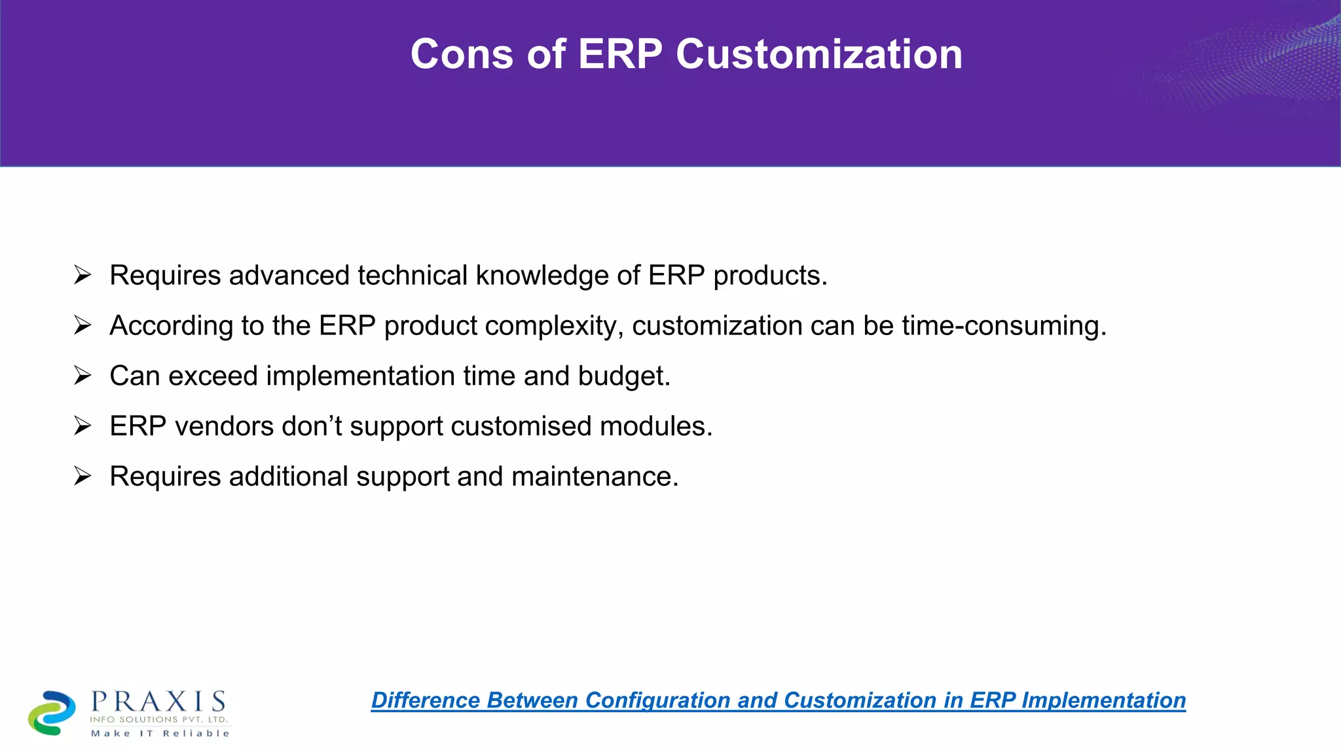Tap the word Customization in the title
(818, 54)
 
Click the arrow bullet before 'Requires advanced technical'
(83, 275)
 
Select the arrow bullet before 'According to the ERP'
(83, 325)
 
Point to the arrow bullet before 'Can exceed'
(83, 376)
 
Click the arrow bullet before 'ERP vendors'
(83, 426)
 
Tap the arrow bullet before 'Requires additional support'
(83, 476)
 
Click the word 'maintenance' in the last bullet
(593, 477)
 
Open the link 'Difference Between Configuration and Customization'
(778, 700)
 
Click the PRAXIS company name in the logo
(158, 702)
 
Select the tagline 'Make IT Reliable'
(160, 734)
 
